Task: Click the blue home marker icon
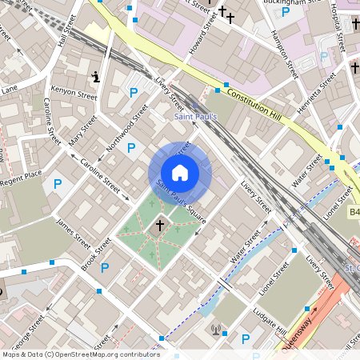click(x=180, y=173)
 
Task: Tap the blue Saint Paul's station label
click(x=195, y=117)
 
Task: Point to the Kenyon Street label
click(x=73, y=94)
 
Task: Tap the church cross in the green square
click(x=159, y=226)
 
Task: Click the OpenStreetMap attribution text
click(x=80, y=354)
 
